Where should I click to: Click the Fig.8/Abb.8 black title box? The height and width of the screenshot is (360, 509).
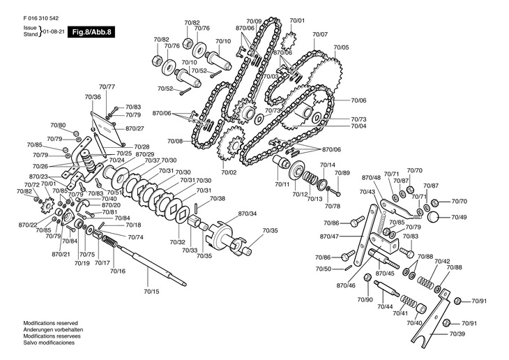[91, 32]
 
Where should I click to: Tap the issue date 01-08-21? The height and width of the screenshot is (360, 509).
[54, 31]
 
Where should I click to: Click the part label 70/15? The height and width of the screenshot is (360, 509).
[151, 292]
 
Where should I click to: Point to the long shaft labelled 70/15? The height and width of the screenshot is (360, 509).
[153, 267]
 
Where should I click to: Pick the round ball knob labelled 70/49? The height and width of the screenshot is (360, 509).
[434, 217]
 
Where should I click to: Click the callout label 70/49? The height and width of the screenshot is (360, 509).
[459, 217]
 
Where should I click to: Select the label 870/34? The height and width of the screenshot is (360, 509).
[248, 213]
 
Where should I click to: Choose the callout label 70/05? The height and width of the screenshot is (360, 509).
[341, 47]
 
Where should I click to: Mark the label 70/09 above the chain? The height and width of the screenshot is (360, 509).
[254, 22]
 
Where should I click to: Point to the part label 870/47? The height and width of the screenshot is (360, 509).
[330, 237]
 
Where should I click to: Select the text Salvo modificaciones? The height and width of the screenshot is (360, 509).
[49, 343]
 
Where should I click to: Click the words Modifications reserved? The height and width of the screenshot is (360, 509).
[51, 323]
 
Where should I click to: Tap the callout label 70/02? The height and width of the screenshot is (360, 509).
[229, 172]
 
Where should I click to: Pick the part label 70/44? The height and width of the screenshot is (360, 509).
[386, 306]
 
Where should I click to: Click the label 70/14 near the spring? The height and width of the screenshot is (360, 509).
[328, 165]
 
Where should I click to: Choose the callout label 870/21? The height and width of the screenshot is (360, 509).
[61, 254]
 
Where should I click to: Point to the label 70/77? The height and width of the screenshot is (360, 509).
[107, 87]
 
